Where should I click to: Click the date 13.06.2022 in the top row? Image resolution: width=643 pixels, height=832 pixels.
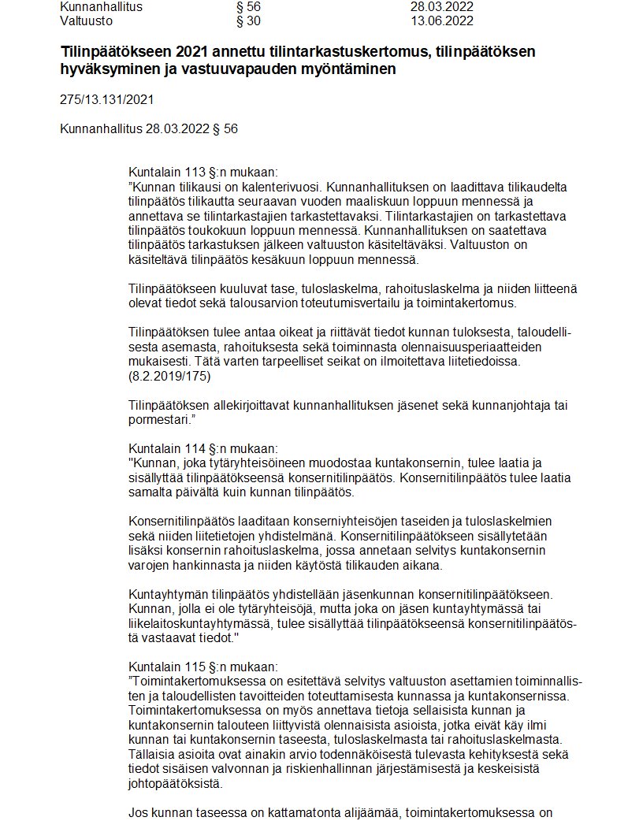442,21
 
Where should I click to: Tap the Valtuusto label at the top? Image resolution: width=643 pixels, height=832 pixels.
86,21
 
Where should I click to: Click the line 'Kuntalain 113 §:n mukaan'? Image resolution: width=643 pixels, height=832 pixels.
203,173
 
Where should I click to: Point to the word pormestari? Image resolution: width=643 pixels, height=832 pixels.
161,420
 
